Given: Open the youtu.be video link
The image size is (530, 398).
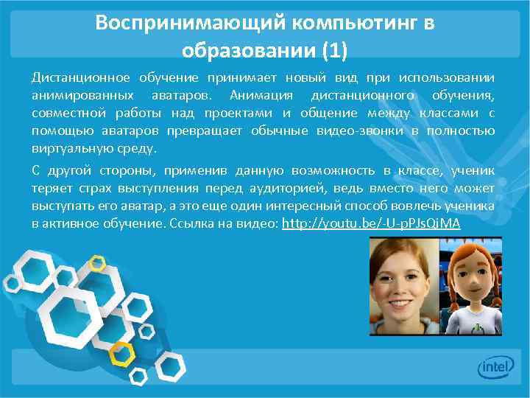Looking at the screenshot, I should point(371,223).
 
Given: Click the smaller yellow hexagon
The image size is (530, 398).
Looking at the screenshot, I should point(96,262).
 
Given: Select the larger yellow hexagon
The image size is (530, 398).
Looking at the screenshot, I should point(121,353).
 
